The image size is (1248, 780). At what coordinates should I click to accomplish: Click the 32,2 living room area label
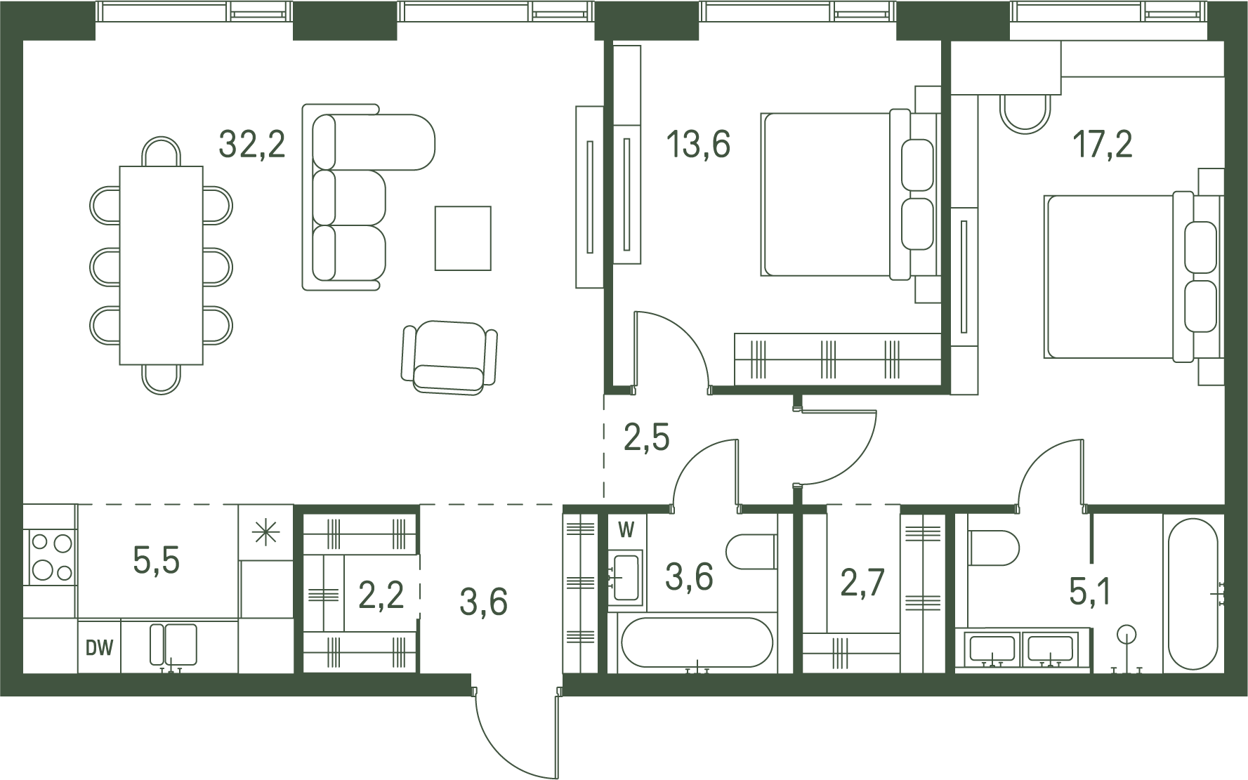pos(252,145)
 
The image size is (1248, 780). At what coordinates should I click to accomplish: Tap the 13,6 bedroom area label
pos(698,145)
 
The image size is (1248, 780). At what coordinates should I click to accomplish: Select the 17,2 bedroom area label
pos(1102,145)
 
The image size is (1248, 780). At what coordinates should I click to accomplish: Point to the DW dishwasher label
pos(99,647)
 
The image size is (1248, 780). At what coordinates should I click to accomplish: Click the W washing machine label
pos(626,530)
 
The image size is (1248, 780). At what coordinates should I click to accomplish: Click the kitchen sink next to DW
pos(173,645)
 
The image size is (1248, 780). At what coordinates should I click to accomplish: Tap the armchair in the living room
pos(449,357)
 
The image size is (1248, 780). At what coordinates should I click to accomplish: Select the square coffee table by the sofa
pos(463,238)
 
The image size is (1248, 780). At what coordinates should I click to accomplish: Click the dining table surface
pos(161,265)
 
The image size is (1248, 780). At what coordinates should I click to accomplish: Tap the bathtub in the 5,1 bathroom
pos(1193,594)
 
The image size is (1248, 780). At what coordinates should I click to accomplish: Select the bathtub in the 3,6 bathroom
pos(697,642)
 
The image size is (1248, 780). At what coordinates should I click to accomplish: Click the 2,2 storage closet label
pos(381,595)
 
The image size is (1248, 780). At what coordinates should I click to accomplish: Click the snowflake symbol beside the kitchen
pos(265,533)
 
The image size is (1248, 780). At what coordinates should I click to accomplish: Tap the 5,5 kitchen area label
pos(156,560)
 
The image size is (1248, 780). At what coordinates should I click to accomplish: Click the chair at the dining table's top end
pos(161,151)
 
